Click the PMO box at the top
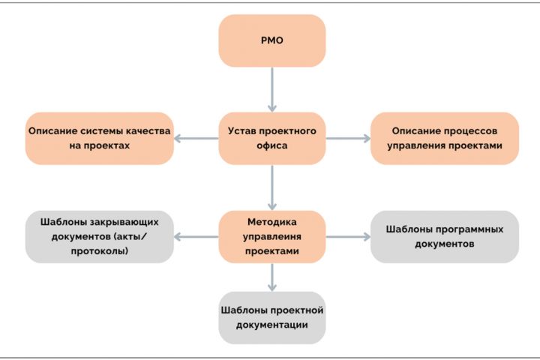pos(271,40)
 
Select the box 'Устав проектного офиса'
pos(271,138)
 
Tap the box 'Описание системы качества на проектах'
pos(98,138)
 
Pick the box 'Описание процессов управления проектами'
pos(445,138)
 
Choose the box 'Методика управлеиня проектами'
pos(271,237)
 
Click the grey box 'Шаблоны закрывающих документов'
pos(98,237)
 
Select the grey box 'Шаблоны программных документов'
pos(445,237)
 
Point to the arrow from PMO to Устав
pos(271,89)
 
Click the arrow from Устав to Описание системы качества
pos(196,138)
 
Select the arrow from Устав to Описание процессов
pos(348,138)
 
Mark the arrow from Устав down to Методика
pos(271,187)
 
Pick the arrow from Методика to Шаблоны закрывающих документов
pos(196,237)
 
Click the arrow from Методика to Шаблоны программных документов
pos(348,237)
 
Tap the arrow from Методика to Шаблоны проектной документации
pos(271,277)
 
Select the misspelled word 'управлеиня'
pos(271,237)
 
